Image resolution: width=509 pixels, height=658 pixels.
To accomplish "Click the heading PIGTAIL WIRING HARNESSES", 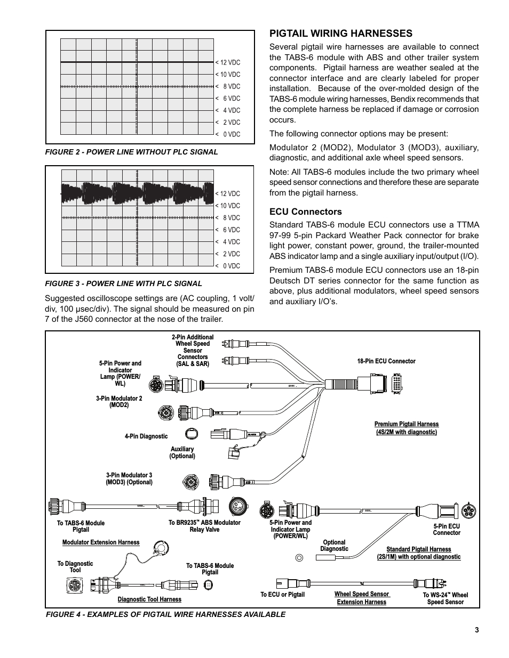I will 340,34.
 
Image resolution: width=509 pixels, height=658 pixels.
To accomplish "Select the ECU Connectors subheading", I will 305,212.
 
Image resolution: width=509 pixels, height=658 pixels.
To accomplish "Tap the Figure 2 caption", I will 131,152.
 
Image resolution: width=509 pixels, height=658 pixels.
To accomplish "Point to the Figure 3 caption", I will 123,283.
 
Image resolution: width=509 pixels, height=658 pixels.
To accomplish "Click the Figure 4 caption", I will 165,614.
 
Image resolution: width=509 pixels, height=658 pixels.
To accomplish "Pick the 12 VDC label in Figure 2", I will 228,63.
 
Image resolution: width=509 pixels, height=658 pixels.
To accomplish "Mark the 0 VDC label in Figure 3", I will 228,266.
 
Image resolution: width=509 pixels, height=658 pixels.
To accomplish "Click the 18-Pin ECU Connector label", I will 386,361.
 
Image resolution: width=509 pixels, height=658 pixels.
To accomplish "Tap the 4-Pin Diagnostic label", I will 146,436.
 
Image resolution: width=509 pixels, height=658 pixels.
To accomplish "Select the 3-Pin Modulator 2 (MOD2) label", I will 119,402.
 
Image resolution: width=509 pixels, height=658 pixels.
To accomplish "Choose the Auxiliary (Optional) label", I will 182,452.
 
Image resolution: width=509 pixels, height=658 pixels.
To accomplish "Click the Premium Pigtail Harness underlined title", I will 407,428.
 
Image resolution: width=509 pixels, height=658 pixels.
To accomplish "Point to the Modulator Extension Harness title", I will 101,542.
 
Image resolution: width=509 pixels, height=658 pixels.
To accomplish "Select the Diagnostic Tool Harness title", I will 149,599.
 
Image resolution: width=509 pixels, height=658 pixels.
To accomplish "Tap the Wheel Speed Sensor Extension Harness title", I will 362,598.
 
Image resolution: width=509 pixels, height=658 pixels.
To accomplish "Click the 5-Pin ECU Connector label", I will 447,530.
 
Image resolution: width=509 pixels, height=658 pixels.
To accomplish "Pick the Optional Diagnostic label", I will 335,546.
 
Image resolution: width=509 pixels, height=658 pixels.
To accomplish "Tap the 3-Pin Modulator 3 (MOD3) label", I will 129,478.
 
